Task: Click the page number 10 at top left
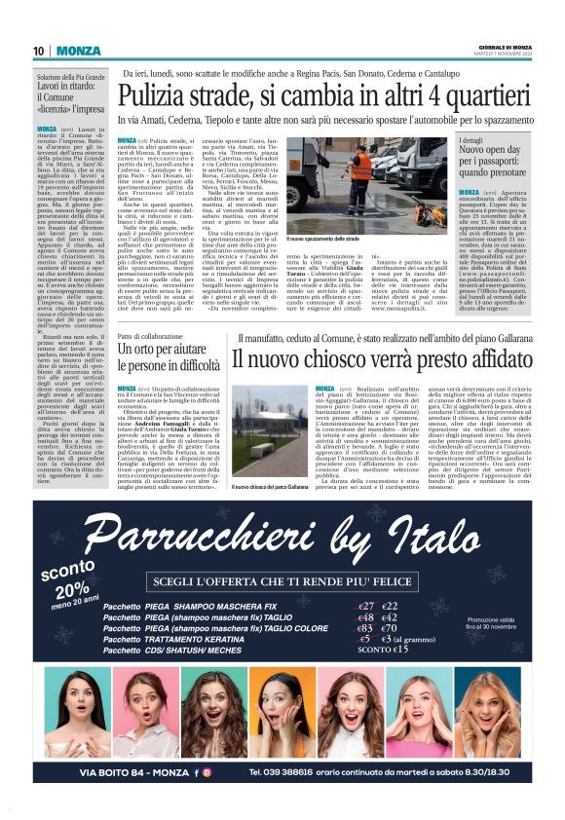coord(39,51)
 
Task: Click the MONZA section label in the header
coord(77,51)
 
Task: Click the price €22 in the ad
coord(394,606)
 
